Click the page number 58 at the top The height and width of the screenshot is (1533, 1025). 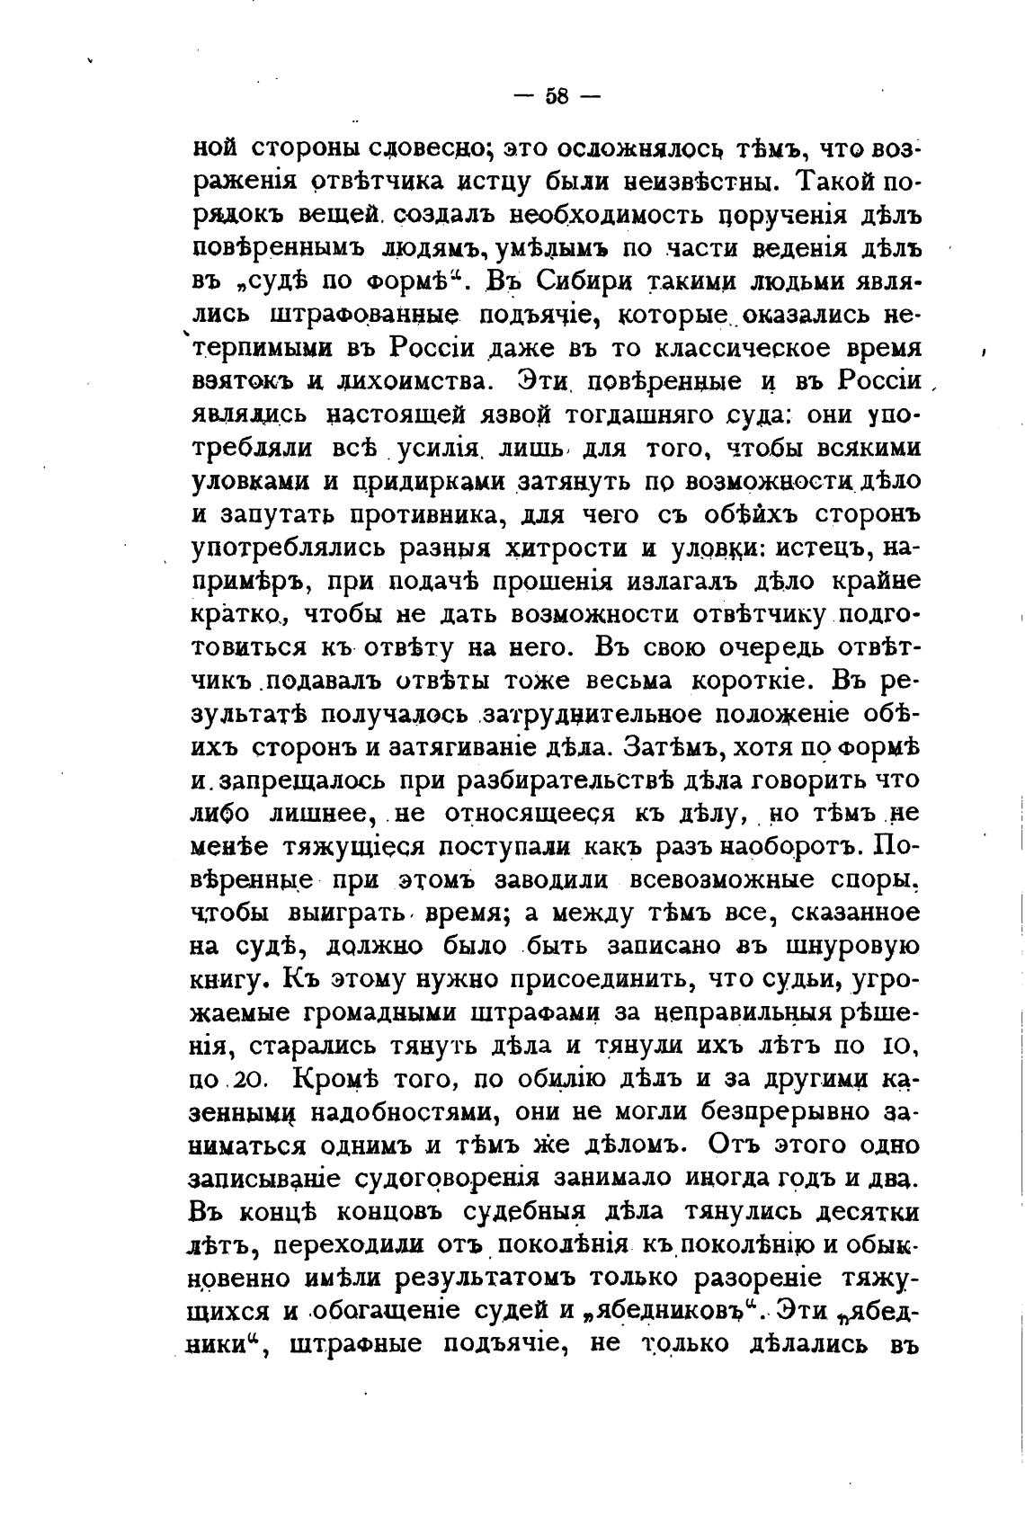(557, 97)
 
